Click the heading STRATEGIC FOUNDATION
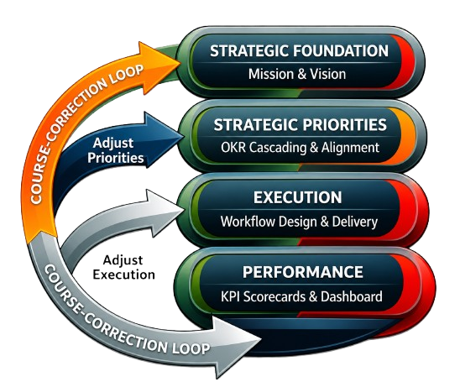click(299, 50)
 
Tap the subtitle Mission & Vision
click(297, 74)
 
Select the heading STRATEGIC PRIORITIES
click(300, 125)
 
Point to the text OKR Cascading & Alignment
click(300, 147)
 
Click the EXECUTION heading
click(297, 197)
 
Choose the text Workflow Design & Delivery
click(299, 222)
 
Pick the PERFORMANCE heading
click(302, 272)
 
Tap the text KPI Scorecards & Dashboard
click(301, 296)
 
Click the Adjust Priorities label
click(115, 150)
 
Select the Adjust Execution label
click(123, 267)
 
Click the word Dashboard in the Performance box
click(352, 296)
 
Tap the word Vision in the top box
click(328, 74)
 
